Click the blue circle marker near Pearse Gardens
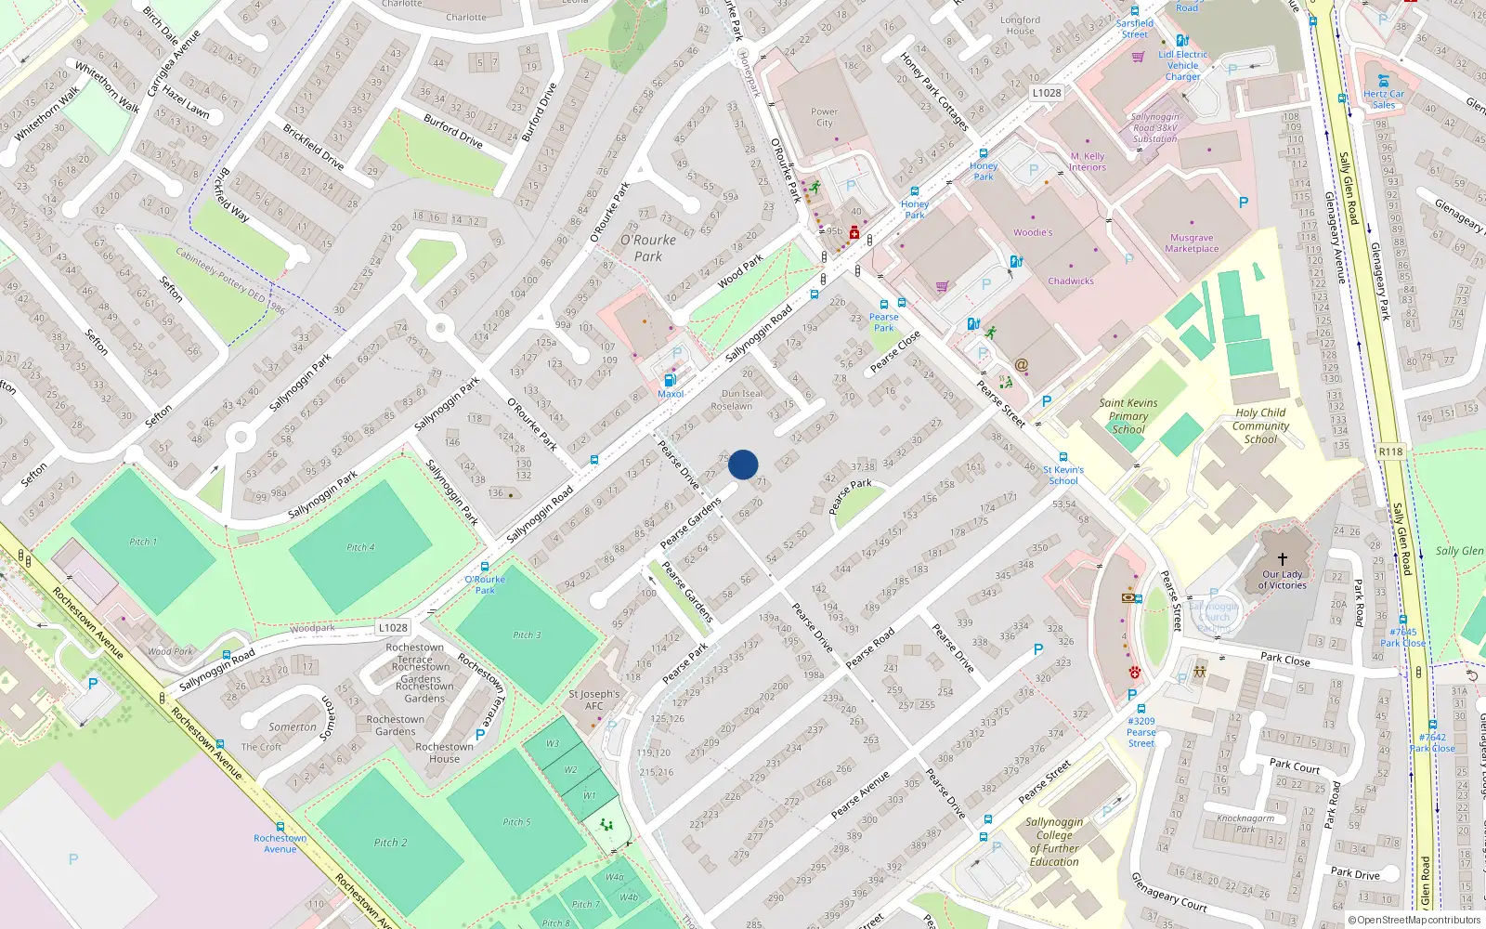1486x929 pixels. pos(743,464)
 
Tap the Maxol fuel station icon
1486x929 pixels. pos(669,380)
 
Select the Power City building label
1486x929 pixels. pos(824,117)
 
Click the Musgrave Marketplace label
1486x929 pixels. pos(1192,243)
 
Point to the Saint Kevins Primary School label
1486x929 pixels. pos(1128,416)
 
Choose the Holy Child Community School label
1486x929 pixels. pos(1260,425)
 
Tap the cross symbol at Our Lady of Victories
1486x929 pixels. pos(1283,559)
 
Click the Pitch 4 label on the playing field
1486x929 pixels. pos(360,547)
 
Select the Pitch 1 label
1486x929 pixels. pos(143,542)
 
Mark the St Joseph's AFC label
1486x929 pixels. pos(593,700)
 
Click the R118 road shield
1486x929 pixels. pos(1390,451)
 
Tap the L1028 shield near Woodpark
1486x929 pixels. pos(392,628)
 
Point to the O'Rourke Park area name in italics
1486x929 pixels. pos(648,248)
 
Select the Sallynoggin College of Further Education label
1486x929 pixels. pos(1054,842)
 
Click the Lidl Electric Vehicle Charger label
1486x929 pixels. pos(1183,65)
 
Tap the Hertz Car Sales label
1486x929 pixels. pos(1384,99)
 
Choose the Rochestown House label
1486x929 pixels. pos(444,752)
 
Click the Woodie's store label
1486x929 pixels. pos(1033,232)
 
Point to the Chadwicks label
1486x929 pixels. pos(1071,281)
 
